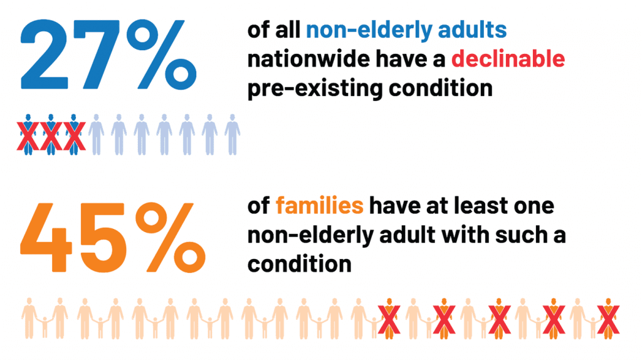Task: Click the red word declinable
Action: [x=508, y=59]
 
